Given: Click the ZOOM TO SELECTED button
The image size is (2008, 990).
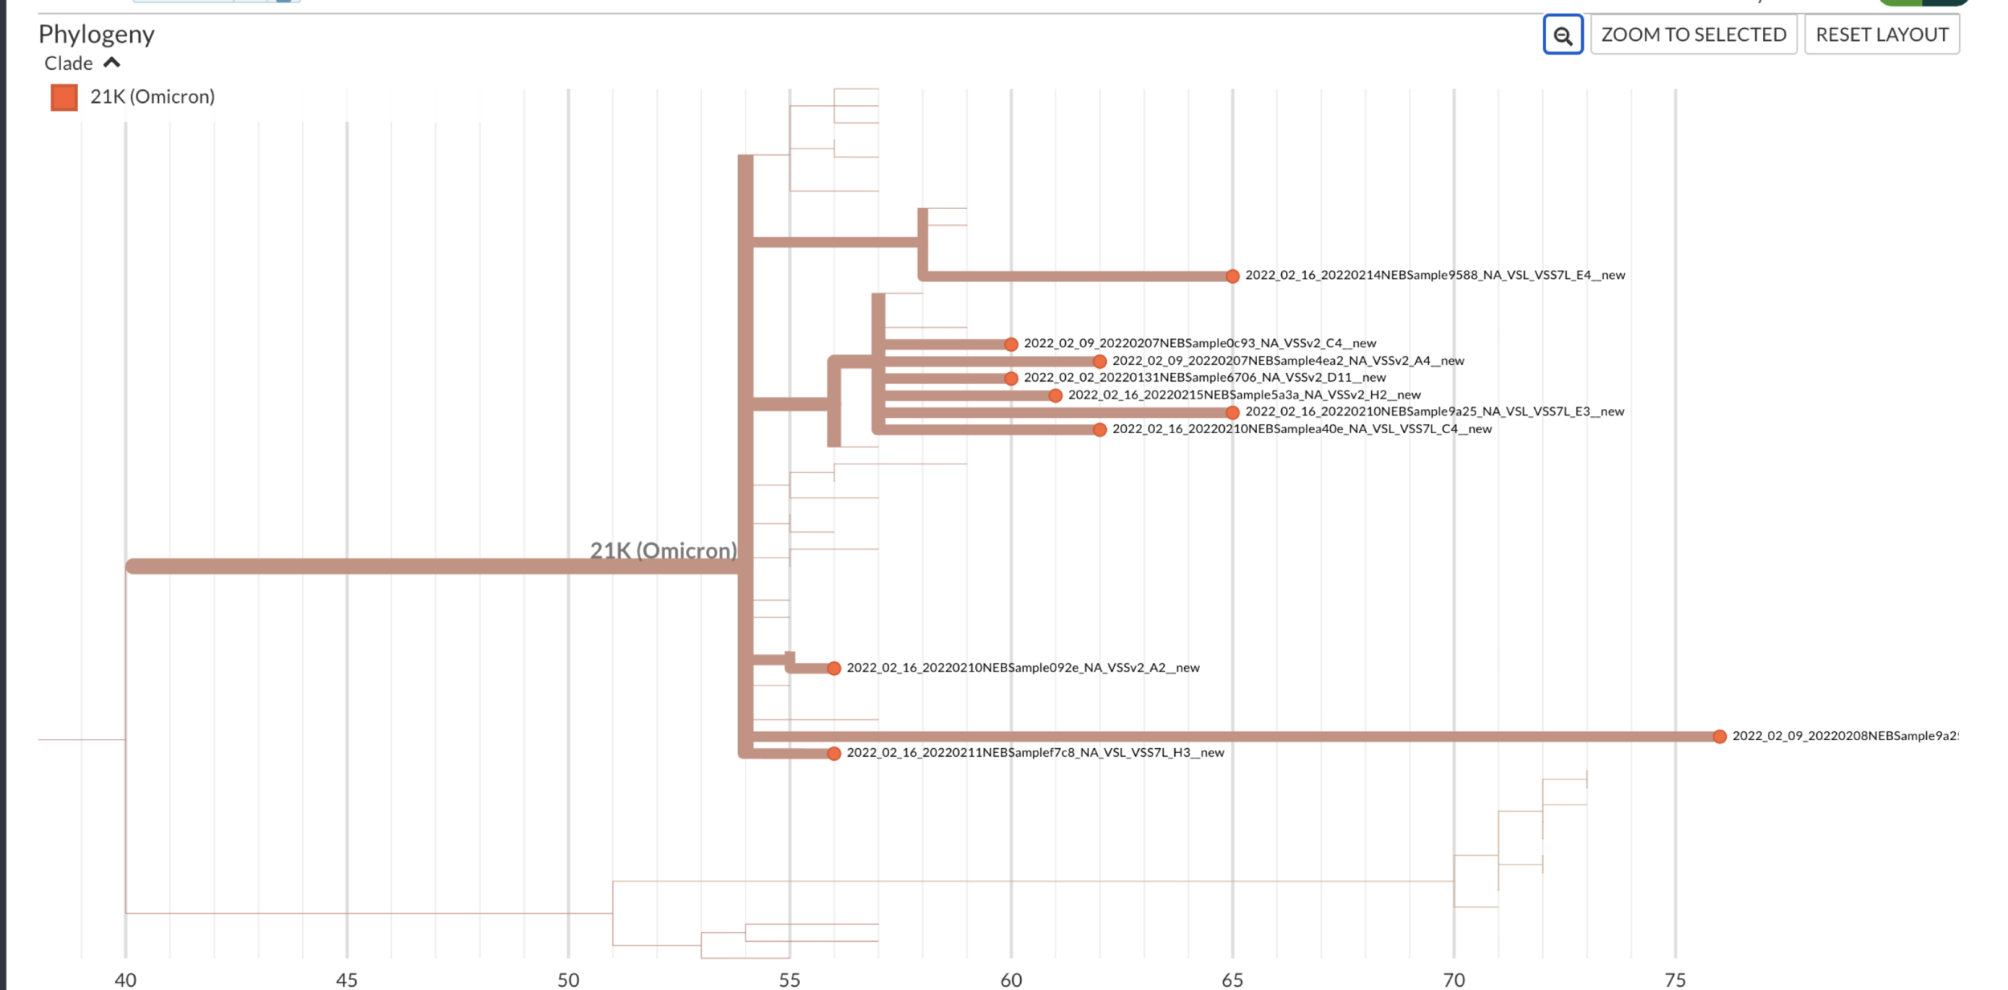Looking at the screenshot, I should (1693, 35).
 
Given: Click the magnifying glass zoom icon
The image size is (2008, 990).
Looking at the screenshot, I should (1562, 35).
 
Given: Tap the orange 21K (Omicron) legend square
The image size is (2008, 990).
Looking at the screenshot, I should (64, 97).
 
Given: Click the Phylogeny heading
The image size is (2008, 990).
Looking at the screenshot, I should (96, 34).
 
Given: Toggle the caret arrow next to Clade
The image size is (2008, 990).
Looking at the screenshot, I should (112, 63).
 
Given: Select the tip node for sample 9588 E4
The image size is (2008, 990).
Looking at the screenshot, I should (1232, 276).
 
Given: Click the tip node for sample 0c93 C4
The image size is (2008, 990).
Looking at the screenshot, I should (1011, 345).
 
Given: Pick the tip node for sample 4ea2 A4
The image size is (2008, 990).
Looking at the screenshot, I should (1100, 362).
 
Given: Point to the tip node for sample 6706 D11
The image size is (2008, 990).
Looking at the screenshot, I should (1011, 378).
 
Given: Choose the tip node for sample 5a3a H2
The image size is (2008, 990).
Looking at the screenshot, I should (1055, 395).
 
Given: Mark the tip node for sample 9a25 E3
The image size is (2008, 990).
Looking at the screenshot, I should (1232, 412).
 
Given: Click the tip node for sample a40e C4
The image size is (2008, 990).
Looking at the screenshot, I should (1100, 430).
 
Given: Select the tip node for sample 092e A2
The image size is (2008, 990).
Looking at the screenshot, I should (834, 669).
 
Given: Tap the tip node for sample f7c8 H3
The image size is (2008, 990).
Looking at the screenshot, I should (834, 754).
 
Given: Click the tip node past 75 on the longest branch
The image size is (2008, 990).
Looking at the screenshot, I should (1719, 737).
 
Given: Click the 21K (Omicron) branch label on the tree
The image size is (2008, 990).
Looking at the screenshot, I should (663, 550).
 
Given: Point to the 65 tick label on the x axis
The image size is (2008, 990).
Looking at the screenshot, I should (1232, 980).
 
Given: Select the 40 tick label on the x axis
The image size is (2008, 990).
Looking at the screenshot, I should (125, 980).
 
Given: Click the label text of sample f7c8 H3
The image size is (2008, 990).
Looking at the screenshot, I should (1035, 753).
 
